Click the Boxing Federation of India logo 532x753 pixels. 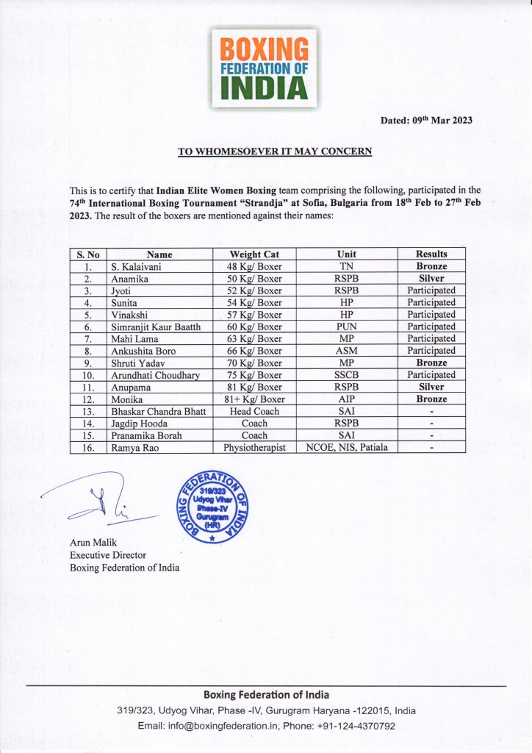click(x=265, y=68)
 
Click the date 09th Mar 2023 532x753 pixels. click(x=426, y=121)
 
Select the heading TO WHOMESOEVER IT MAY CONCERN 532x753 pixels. click(x=276, y=151)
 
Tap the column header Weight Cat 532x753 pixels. click(x=255, y=254)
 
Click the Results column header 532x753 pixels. click(x=431, y=254)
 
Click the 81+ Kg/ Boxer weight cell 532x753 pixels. click(x=255, y=399)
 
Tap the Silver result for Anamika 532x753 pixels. click(x=431, y=279)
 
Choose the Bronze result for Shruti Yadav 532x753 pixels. click(x=431, y=363)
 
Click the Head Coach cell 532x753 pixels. click(x=255, y=411)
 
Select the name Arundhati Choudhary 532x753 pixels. click(x=155, y=375)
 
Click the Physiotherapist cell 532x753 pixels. click(x=255, y=447)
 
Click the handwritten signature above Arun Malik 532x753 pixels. click(x=103, y=507)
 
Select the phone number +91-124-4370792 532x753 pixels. click(x=353, y=726)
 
